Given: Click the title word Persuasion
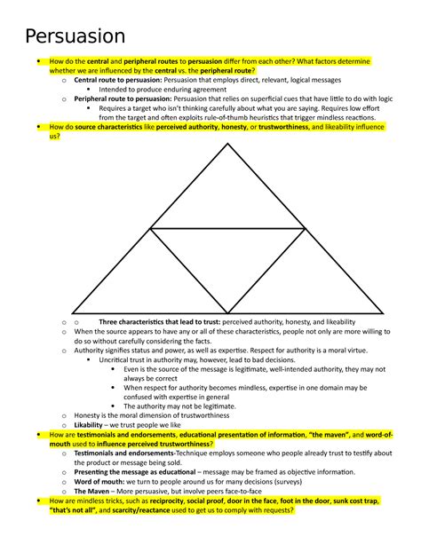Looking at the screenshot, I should [75, 36].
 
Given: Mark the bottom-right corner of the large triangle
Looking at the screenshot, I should [383, 315].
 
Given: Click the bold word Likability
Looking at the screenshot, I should [92, 424].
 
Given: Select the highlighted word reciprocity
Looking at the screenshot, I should [173, 501].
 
